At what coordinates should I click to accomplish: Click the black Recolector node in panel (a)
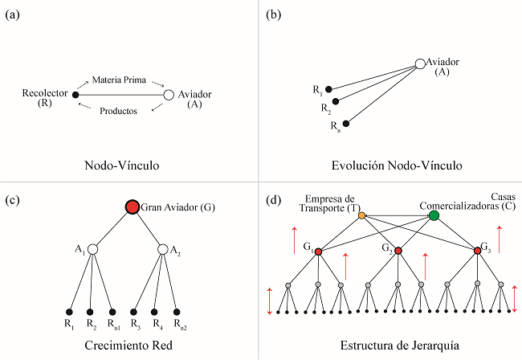coord(75,95)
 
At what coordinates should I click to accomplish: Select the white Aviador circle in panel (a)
coord(169,95)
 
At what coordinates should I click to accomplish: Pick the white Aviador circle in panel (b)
coord(419,63)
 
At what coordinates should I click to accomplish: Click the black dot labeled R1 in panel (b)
coord(329,88)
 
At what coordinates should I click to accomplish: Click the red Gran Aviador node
coord(132,208)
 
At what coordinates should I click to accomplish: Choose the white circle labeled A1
coord(92,250)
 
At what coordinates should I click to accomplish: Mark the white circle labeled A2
coord(163,250)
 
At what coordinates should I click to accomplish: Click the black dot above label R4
coord(155,312)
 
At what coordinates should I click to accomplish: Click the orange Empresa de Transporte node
coord(361,215)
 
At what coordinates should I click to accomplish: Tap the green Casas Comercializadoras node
coord(434,215)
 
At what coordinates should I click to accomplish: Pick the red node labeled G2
coord(398,252)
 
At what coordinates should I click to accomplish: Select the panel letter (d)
coord(272,198)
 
